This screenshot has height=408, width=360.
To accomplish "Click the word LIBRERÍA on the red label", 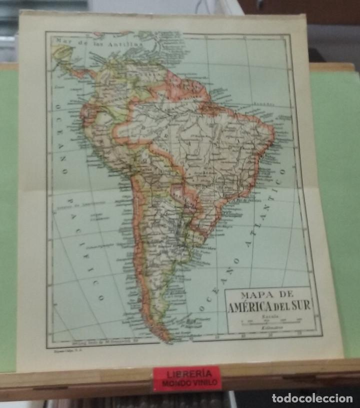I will pyautogui.click(x=186, y=373).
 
